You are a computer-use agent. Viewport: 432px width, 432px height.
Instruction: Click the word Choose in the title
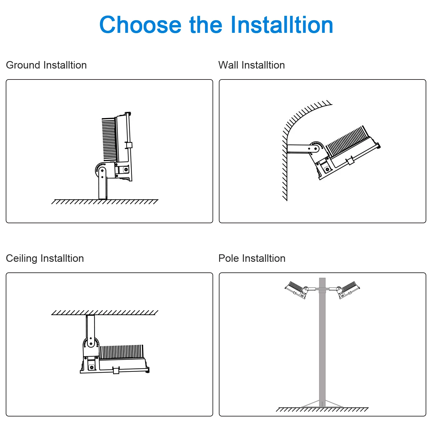point(140,25)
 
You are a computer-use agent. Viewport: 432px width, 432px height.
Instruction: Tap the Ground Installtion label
point(46,65)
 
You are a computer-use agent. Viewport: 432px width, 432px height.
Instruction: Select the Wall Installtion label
point(251,65)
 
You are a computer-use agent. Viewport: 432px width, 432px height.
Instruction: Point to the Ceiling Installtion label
point(45,258)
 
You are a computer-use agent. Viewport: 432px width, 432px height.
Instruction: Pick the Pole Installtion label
point(252,258)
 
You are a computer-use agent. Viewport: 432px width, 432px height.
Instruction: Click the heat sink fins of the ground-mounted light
point(109,139)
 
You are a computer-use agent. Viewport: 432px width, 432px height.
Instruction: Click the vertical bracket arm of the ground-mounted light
point(102,183)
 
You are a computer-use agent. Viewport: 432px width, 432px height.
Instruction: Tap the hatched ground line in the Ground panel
point(105,201)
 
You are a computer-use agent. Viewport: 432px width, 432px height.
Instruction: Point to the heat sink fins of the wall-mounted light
point(347,142)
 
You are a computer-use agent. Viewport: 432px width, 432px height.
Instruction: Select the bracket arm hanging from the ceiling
point(90,331)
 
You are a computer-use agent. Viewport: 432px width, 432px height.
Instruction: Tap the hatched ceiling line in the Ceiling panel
point(105,312)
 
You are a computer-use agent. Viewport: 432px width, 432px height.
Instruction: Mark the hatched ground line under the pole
point(322,409)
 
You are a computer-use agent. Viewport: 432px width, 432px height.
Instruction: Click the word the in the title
point(206,25)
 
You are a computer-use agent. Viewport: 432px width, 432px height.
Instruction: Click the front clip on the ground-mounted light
point(129,145)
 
